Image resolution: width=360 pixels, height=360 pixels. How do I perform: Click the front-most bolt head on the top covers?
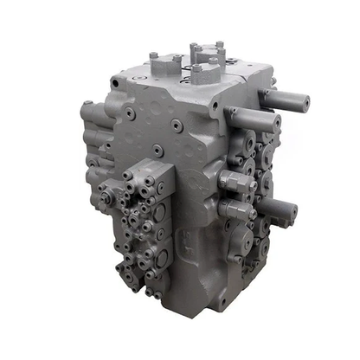click(x=196, y=67)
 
